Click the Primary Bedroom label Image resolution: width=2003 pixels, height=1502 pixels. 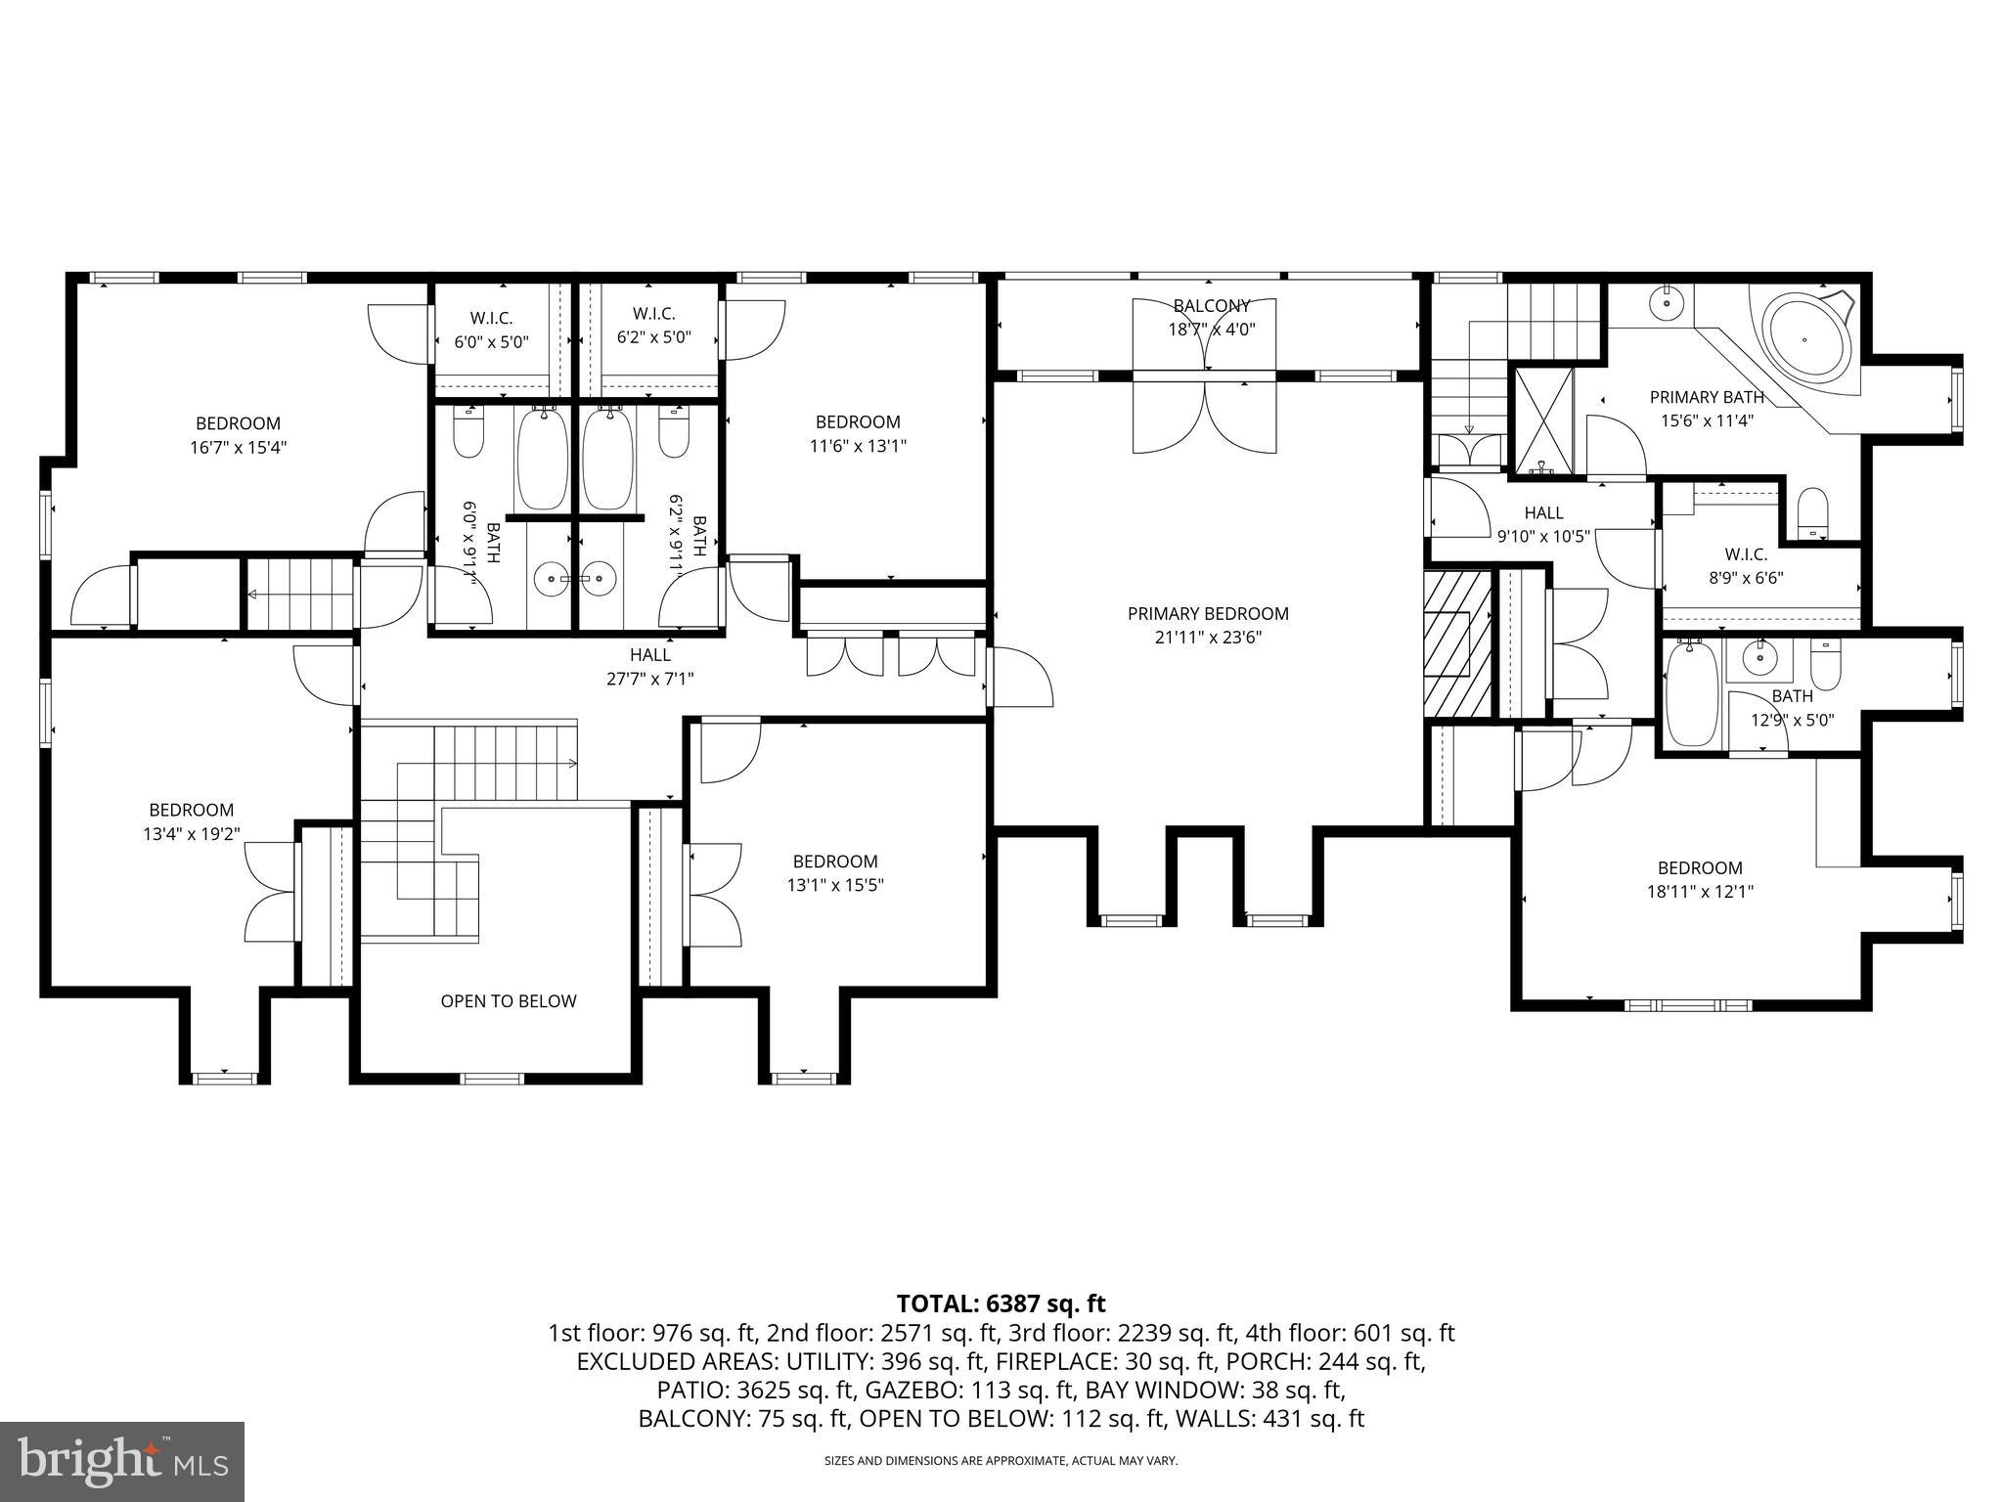1208,614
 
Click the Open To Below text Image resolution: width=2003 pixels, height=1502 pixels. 508,1001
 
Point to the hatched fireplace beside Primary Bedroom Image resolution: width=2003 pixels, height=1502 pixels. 1455,645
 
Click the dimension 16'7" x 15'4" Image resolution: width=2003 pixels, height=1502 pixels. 239,448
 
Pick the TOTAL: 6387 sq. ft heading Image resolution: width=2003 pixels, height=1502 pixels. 1001,1303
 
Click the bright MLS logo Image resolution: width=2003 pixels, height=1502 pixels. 122,1461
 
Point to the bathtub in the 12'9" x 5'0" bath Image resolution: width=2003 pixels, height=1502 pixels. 1691,693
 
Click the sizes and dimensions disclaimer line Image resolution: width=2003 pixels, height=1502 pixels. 1001,1461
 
